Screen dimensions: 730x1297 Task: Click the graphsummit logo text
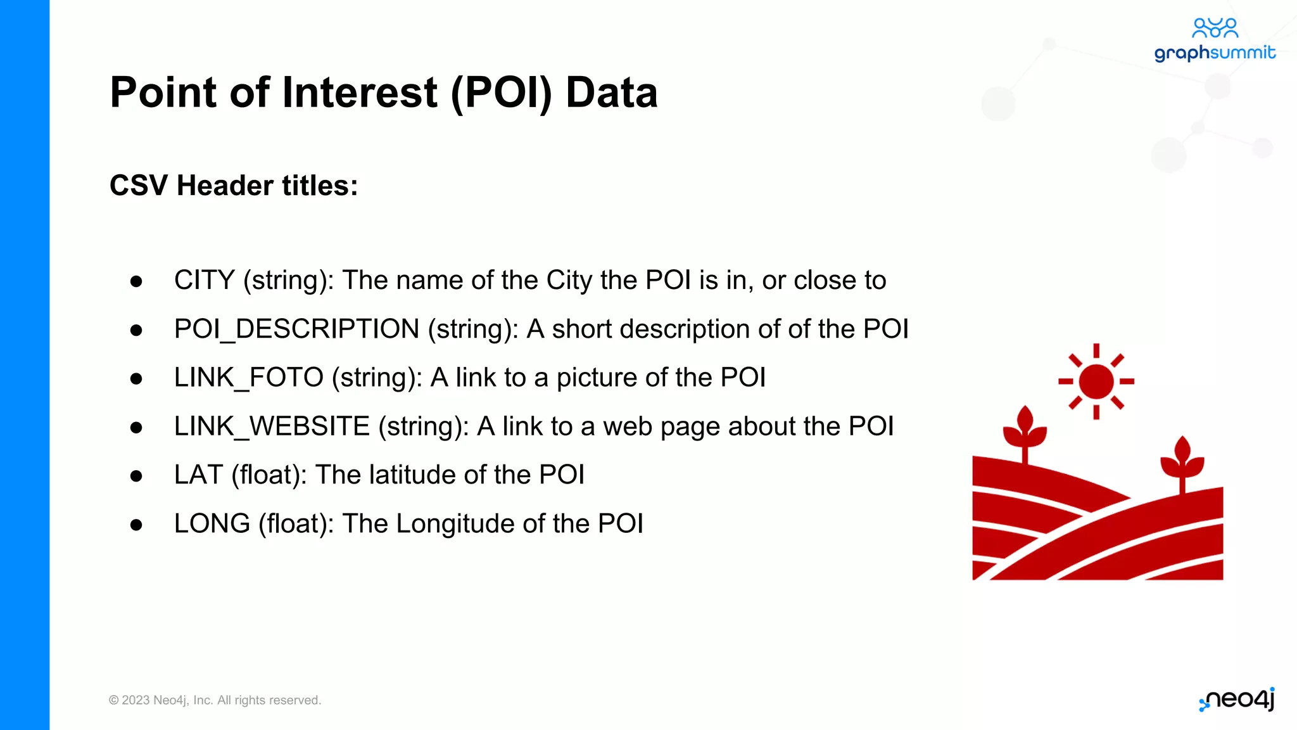[1214, 53]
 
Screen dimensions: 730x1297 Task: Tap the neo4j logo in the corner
[1237, 700]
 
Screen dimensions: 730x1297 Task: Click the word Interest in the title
[359, 93]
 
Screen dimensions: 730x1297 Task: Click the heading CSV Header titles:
[234, 186]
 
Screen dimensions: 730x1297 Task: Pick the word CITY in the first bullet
[204, 280]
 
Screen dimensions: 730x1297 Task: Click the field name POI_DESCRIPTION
[296, 329]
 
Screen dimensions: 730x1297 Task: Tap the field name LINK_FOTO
[248, 378]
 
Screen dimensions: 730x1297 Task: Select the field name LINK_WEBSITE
[272, 426]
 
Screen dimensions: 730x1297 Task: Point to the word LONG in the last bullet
[212, 523]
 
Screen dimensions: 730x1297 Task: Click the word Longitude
[455, 524]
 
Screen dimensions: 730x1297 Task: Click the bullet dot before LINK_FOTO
[136, 379]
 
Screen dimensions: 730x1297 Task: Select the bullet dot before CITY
[136, 281]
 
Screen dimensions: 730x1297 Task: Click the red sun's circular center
[1096, 381]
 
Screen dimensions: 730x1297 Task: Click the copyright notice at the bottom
[215, 700]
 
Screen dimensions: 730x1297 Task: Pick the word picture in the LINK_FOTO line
[596, 378]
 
